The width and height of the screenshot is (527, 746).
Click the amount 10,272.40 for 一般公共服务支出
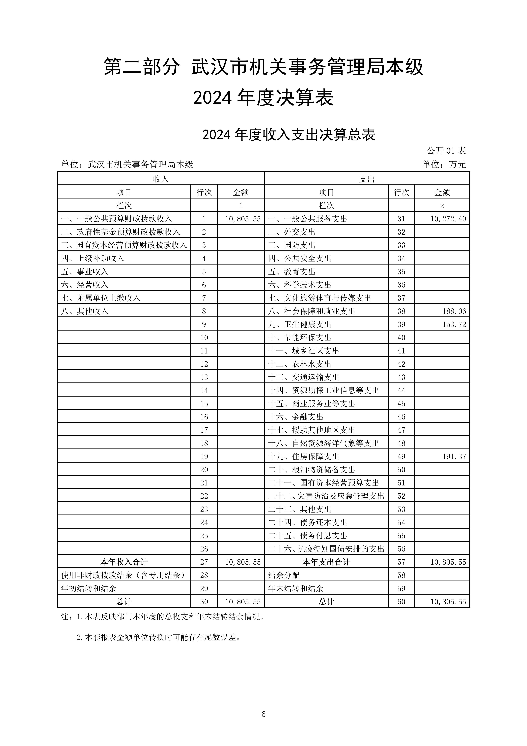(x=448, y=219)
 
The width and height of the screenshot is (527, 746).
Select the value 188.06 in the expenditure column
(x=454, y=311)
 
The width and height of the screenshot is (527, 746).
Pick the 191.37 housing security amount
(x=454, y=456)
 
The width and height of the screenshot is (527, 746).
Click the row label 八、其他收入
(x=85, y=311)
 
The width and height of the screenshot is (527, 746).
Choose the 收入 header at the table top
(x=161, y=179)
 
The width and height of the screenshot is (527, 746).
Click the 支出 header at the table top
(x=367, y=179)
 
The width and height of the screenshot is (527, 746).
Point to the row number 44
(x=401, y=391)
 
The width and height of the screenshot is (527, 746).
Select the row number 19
(x=204, y=456)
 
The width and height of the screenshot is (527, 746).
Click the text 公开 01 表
(x=446, y=151)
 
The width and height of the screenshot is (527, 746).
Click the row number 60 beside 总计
(x=401, y=602)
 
